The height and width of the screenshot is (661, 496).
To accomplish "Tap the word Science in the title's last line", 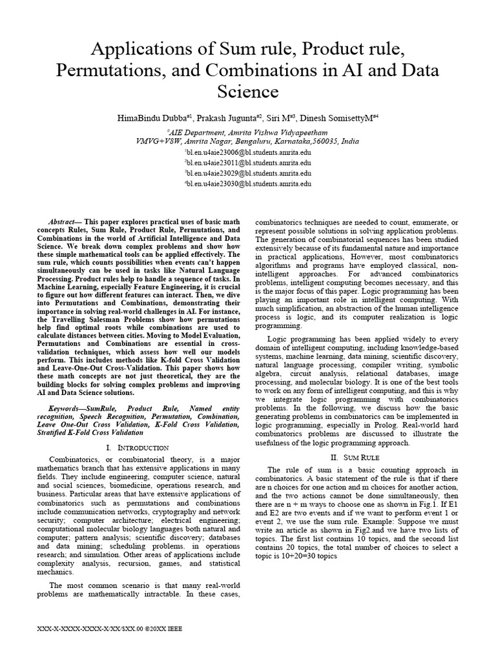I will coord(247,92).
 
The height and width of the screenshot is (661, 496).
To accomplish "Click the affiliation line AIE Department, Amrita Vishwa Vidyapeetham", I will coord(248,130).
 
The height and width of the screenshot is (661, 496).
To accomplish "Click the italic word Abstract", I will coord(63,221).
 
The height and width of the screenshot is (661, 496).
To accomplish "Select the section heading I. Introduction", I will coord(137,447).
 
